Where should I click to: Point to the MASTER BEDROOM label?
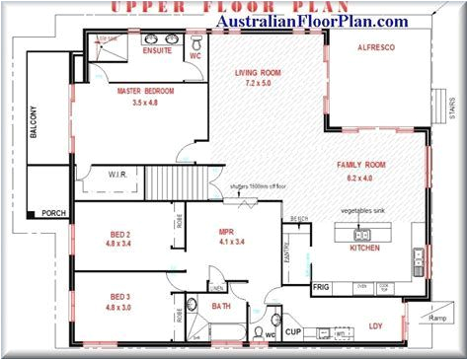pyautogui.click(x=146, y=91)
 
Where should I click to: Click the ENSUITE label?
pyautogui.click(x=157, y=49)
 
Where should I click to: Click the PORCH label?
pyautogui.click(x=53, y=212)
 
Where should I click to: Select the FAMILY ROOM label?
pyautogui.click(x=359, y=165)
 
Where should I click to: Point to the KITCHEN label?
pyautogui.click(x=364, y=248)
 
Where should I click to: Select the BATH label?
pyautogui.click(x=221, y=307)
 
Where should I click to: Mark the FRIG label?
pyautogui.click(x=321, y=286)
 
